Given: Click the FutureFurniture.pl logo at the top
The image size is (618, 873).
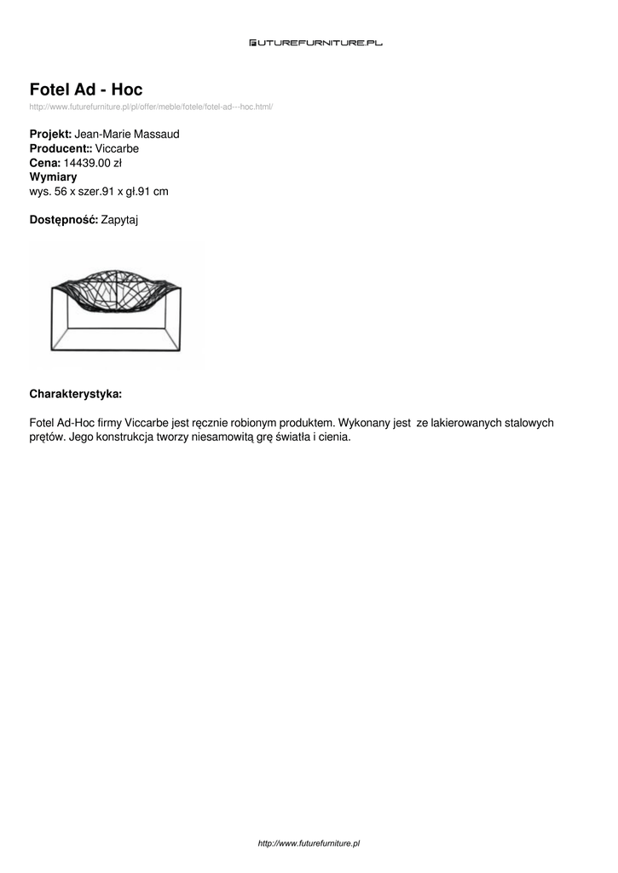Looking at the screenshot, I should pyautogui.click(x=315, y=42).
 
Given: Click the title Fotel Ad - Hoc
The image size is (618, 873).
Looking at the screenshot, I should pyautogui.click(x=86, y=90).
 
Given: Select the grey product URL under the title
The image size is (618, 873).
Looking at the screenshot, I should pyautogui.click(x=151, y=107).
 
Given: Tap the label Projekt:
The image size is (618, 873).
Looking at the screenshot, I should pyautogui.click(x=51, y=135).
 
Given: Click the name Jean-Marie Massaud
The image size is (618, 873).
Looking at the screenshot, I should pyautogui.click(x=127, y=135).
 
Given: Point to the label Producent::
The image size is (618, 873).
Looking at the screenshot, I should pyautogui.click(x=61, y=148).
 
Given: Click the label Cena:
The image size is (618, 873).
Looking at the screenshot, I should pyautogui.click(x=45, y=163).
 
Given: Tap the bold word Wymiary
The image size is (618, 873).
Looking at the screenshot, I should pyautogui.click(x=53, y=177).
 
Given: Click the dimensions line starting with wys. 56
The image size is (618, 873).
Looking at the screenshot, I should pyautogui.click(x=99, y=192).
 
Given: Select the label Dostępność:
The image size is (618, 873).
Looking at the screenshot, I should pyautogui.click(x=64, y=220).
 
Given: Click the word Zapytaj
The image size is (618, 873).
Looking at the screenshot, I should pyautogui.click(x=119, y=220).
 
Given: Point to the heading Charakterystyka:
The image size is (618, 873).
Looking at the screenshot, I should pyautogui.click(x=76, y=394).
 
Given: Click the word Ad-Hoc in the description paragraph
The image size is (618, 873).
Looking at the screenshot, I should pyautogui.click(x=78, y=423).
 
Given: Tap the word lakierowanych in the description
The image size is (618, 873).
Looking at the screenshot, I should pyautogui.click(x=467, y=423).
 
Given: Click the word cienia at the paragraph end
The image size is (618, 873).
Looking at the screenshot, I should pyautogui.click(x=332, y=437).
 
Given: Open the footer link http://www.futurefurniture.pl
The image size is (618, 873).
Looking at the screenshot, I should pyautogui.click(x=309, y=843).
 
